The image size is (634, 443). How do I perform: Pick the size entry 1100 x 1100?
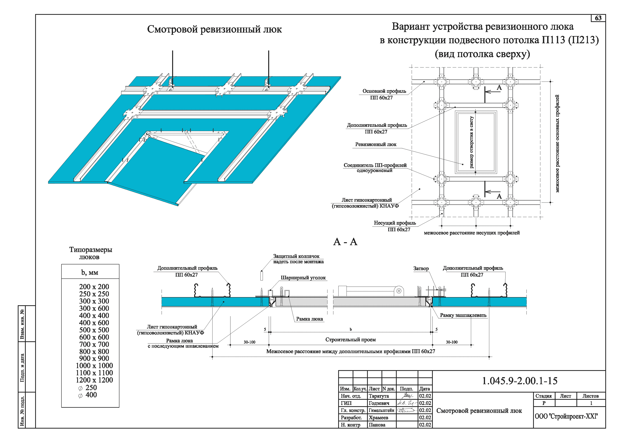coord(94,373)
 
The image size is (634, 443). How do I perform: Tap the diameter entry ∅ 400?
coord(88,395)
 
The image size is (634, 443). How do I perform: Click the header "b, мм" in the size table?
coord(90,273)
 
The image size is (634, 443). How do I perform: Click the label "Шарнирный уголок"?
coord(303,278)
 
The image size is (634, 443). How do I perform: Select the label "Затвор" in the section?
coord(421,268)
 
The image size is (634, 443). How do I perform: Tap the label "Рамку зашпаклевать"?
coord(463,315)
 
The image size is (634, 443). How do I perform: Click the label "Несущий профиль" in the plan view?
coord(395,223)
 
